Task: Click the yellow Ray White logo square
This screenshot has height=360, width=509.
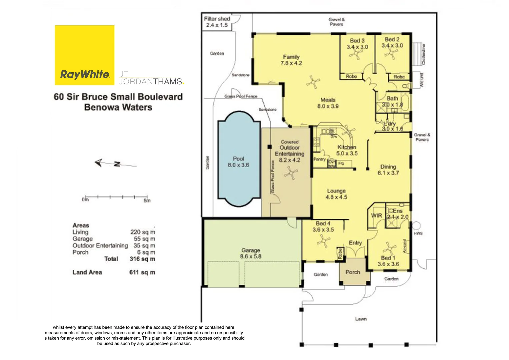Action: (84, 55)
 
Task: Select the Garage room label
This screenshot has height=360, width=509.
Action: (251, 253)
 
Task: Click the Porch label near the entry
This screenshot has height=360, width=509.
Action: (353, 272)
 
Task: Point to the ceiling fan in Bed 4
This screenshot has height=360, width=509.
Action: (323, 241)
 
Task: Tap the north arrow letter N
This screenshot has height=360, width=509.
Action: (117, 164)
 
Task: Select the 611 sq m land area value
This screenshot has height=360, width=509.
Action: (142, 272)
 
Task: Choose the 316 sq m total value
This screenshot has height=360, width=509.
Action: (142, 259)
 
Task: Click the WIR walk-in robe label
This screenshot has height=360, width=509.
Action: (377, 216)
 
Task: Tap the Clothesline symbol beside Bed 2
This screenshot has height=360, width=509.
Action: (417, 54)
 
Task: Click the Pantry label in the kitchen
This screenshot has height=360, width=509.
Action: (319, 159)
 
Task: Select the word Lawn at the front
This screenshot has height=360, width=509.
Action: (361, 319)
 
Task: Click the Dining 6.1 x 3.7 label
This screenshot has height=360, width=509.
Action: (388, 170)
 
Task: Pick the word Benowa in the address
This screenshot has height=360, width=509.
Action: (101, 107)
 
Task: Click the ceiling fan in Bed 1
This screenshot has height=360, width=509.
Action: (389, 249)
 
